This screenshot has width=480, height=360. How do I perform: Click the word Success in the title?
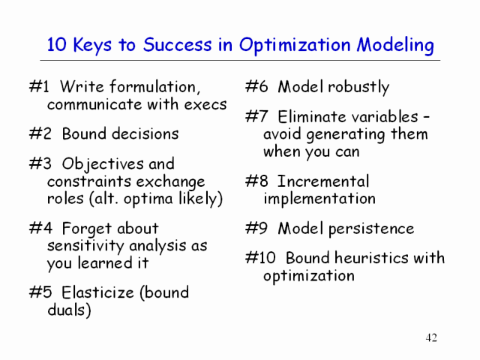177,44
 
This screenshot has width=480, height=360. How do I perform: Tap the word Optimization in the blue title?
295,46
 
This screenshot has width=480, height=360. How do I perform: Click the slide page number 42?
431,337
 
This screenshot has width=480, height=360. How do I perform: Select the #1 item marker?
39,87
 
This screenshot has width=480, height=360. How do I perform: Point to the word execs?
205,105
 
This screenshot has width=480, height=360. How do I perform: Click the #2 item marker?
40,133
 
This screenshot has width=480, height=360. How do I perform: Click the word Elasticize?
97,292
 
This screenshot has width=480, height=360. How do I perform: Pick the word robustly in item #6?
358,88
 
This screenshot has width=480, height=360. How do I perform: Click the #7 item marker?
256,117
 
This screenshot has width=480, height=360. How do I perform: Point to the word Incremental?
323,181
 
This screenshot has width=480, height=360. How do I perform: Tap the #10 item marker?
260,257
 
